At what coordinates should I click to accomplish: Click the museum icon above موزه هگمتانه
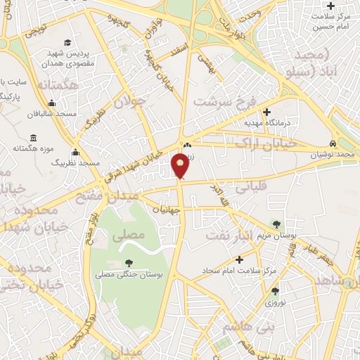pos(33,137)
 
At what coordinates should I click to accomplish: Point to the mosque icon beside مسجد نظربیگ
pos(75,152)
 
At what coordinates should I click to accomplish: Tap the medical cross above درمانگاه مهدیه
pos(266,111)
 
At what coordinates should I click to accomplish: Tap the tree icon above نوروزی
pos(275,290)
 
